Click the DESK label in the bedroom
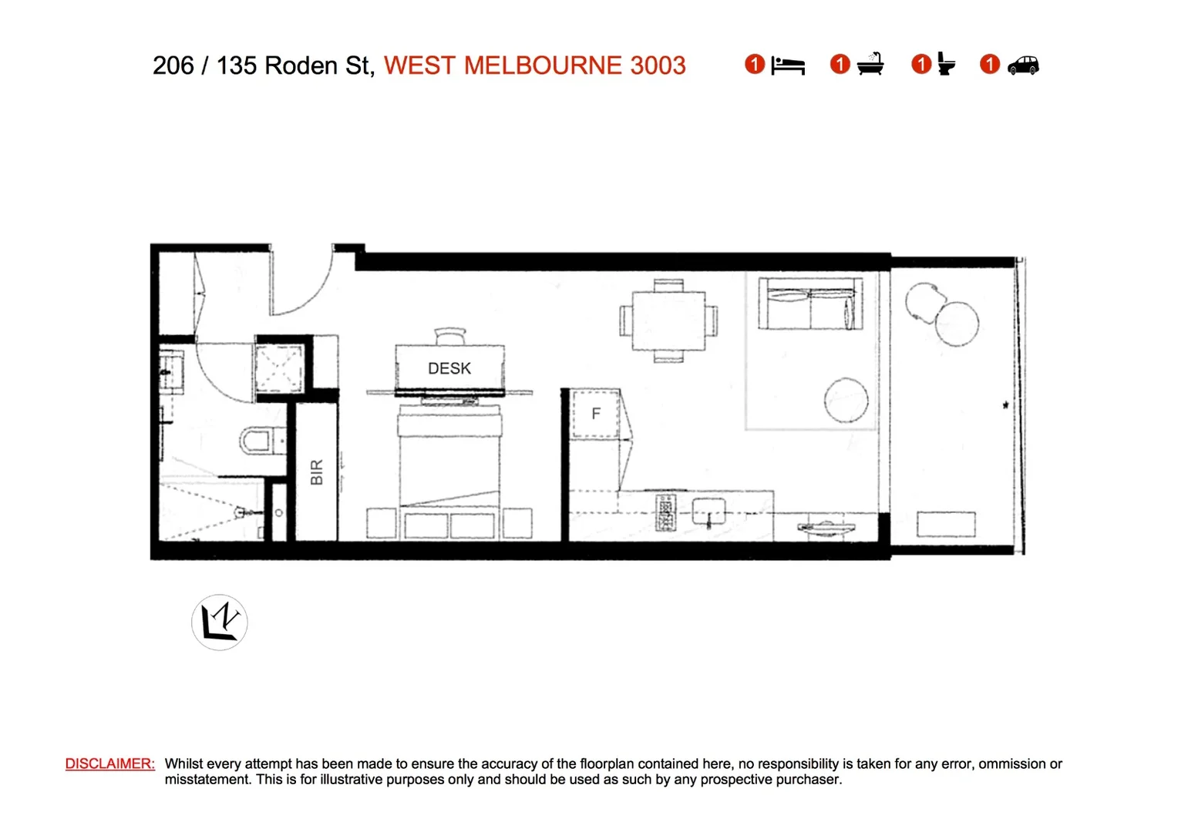(449, 368)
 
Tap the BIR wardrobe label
(316, 472)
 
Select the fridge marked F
(595, 414)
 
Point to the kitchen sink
(708, 511)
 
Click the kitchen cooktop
(665, 513)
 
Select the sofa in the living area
(809, 304)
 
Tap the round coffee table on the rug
(846, 400)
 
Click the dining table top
(668, 320)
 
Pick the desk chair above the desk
(450, 337)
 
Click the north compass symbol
(220, 622)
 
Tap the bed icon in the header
(787, 65)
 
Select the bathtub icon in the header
(870, 65)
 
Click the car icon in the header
(1023, 65)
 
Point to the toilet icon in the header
(946, 65)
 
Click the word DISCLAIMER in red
(109, 763)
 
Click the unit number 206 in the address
(173, 65)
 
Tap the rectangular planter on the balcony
(946, 524)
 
